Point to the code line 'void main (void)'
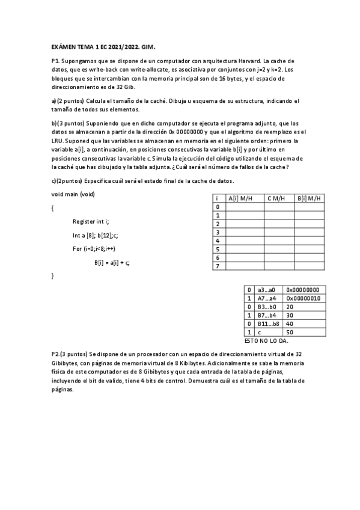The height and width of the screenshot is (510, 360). tap(73, 194)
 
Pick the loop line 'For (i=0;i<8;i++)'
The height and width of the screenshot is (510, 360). tap(94, 248)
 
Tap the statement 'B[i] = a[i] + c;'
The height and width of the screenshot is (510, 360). tap(112, 262)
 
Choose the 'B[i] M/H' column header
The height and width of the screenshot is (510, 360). tap(309, 198)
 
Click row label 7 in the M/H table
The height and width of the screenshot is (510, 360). tap(217, 266)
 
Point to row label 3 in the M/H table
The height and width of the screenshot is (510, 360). tap(217, 232)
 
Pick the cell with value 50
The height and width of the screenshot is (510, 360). tap(290, 331)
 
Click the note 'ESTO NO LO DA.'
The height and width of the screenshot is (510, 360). tap(266, 340)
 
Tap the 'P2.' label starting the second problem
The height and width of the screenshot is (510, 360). tap(56, 355)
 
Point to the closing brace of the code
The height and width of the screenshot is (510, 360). tap(53, 275)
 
